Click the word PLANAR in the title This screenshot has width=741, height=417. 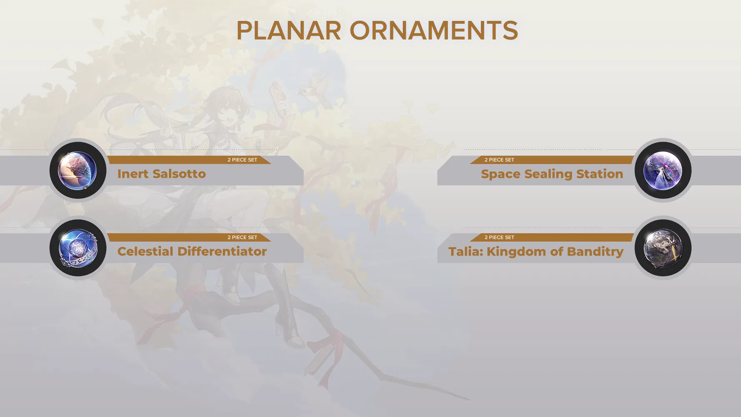(x=288, y=31)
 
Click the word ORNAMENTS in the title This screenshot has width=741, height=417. (x=434, y=31)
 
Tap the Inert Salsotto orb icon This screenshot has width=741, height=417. (x=78, y=171)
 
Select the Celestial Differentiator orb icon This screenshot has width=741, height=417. (x=78, y=248)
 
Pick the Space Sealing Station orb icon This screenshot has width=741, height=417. (x=663, y=171)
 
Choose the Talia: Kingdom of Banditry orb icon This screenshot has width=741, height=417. (x=663, y=248)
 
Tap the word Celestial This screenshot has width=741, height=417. (x=145, y=251)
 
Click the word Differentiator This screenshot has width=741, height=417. (x=222, y=251)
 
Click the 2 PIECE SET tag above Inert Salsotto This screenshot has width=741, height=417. (x=242, y=160)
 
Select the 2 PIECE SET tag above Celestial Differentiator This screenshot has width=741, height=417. (x=242, y=237)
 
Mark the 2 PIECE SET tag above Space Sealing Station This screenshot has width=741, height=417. (x=499, y=160)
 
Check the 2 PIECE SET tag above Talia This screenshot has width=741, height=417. (x=499, y=237)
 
